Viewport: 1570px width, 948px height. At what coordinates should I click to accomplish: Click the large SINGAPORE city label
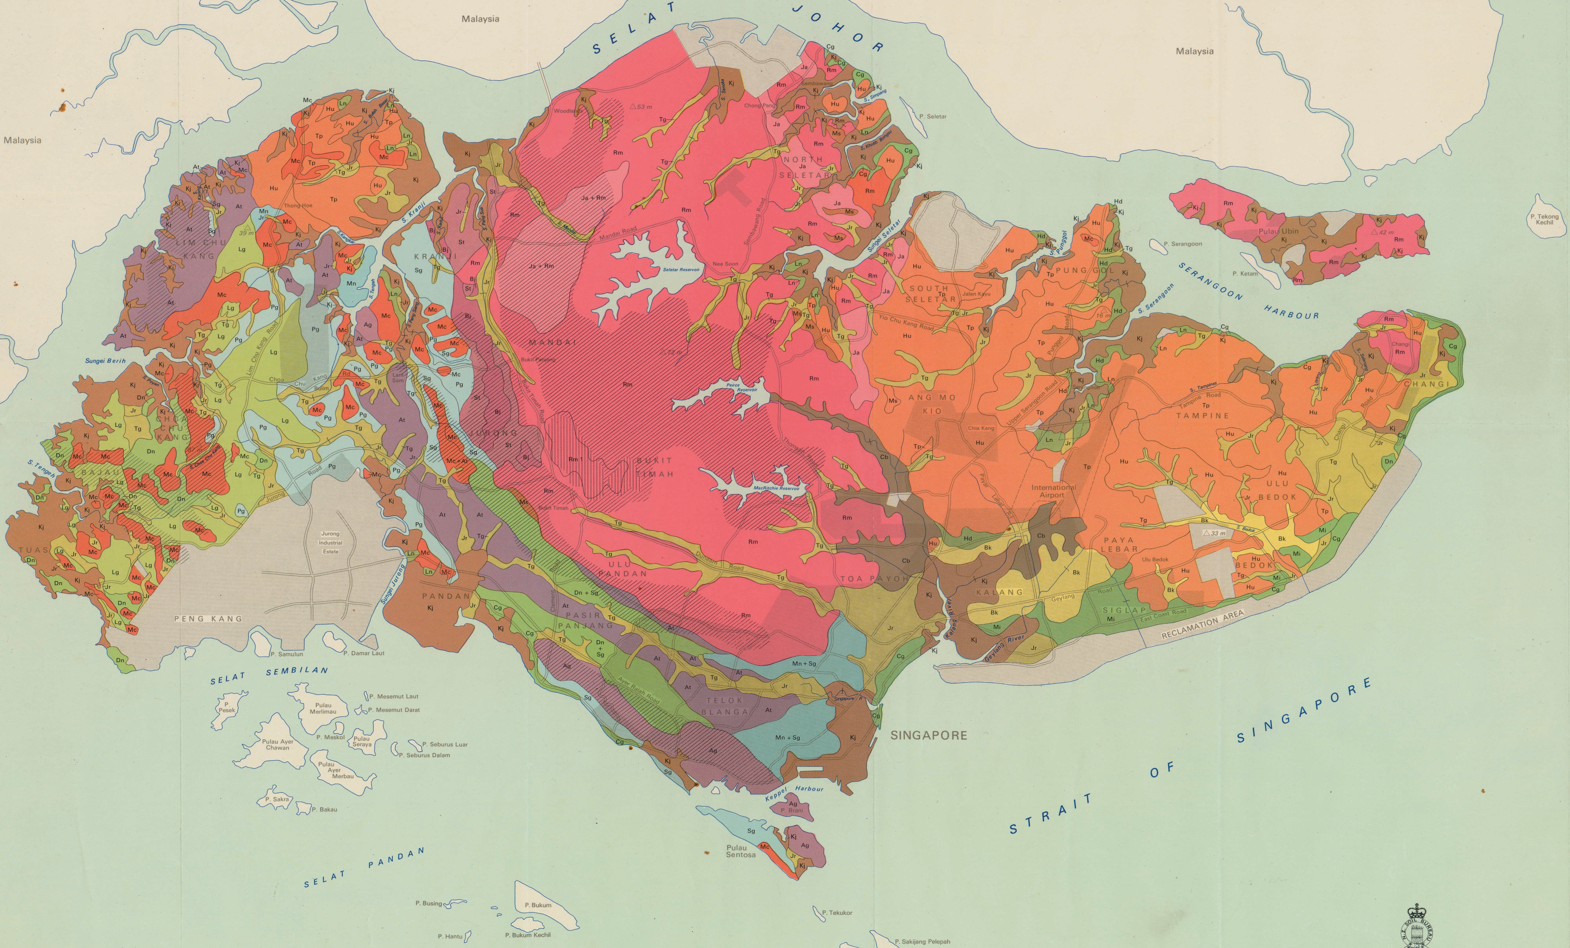click(928, 735)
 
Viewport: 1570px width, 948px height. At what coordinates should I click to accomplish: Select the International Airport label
click(1053, 491)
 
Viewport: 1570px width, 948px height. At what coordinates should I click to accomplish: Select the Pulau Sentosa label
click(740, 851)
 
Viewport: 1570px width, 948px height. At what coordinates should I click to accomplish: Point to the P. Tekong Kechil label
click(1544, 219)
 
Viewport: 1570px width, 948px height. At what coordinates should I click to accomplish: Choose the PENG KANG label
click(208, 618)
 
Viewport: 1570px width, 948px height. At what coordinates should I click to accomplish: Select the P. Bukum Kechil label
click(528, 935)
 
